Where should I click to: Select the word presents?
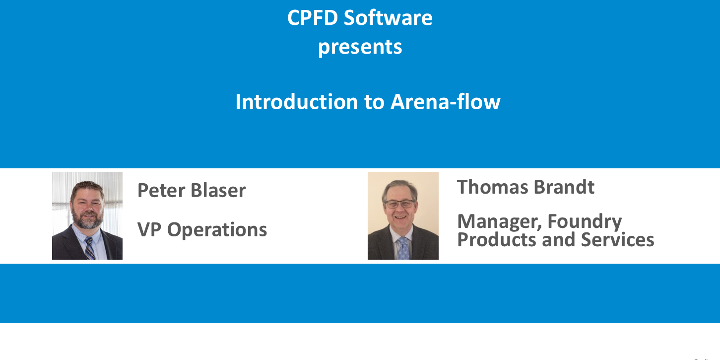360,48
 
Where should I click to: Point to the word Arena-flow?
446,102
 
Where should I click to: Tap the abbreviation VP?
149,229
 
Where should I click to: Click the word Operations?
217,230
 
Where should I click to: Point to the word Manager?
497,221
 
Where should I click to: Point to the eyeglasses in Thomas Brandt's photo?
399,204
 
